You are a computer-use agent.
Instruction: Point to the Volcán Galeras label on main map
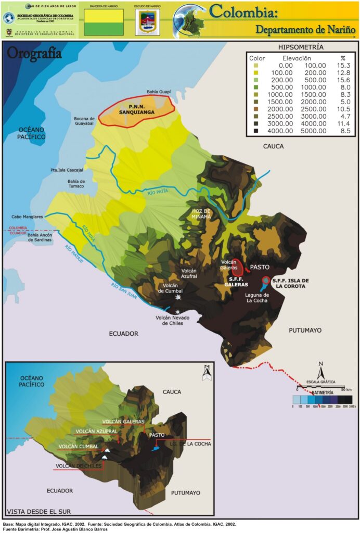tap(229, 265)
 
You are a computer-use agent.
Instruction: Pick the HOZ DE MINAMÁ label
tap(201, 213)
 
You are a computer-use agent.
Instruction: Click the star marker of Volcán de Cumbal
tap(178, 298)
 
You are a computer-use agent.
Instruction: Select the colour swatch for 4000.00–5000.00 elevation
tap(255, 131)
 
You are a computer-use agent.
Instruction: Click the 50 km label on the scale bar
tap(346, 389)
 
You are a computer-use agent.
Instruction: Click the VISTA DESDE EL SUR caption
tap(37, 511)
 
